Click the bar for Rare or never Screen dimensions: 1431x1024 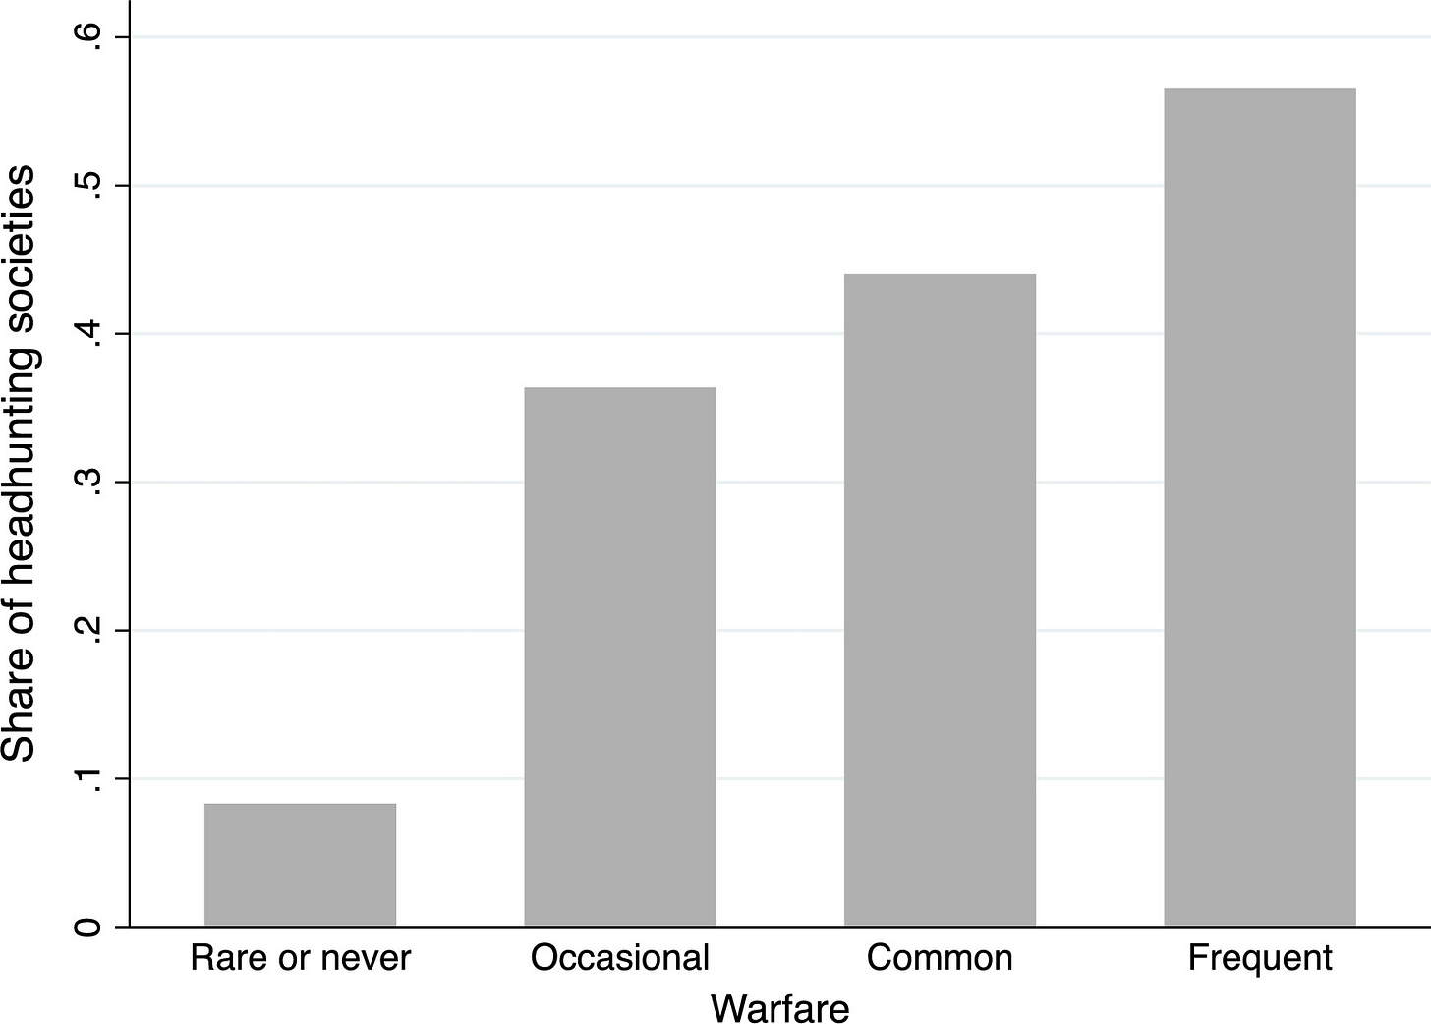point(301,864)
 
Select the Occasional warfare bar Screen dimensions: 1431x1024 point(620,656)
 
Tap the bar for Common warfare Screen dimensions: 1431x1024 point(940,599)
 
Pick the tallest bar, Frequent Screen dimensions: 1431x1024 point(1260,507)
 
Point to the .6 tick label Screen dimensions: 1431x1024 point(87,38)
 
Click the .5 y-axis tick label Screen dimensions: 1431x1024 point(87,186)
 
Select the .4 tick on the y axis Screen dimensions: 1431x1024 point(87,333)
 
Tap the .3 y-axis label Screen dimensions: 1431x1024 point(87,483)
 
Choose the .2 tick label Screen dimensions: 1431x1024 point(87,631)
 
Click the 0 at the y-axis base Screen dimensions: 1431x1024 point(87,927)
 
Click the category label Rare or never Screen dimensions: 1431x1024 point(301,958)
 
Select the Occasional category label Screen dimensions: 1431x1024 point(619,958)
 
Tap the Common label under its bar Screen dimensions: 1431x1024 point(940,958)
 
